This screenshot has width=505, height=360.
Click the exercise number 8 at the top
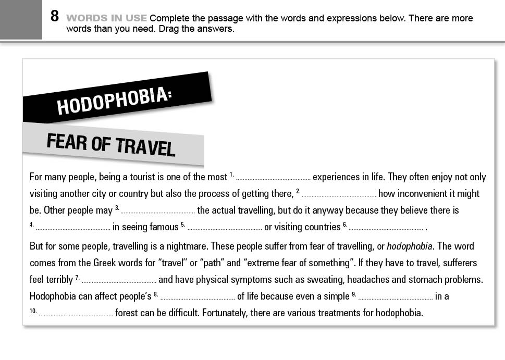55,17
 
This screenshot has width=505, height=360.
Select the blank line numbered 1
273,178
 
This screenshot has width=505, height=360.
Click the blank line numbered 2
339,194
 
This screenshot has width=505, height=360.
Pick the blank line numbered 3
158,211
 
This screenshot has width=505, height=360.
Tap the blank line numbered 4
73,228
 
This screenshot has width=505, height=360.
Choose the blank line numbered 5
225,228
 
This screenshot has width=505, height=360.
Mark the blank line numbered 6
386,228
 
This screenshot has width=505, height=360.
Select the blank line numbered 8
198,297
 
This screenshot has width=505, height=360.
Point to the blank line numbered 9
396,297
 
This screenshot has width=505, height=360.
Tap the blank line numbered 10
76,314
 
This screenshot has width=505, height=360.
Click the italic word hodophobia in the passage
409,246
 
